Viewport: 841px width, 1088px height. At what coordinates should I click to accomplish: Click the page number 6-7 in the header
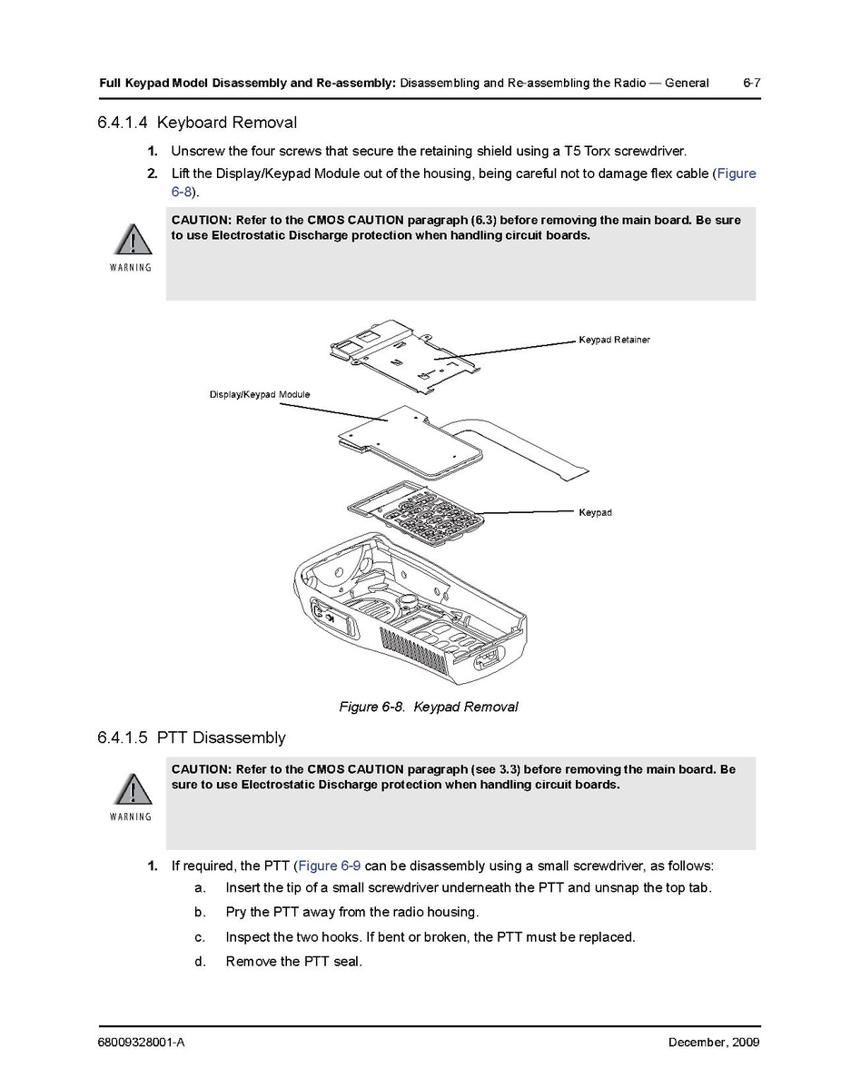point(750,83)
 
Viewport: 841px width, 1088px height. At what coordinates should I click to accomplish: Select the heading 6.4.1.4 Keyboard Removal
point(197,122)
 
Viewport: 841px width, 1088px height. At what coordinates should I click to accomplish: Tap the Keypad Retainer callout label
point(614,340)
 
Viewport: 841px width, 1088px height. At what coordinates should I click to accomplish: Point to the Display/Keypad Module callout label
point(260,394)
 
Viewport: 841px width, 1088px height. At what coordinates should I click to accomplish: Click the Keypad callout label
point(595,512)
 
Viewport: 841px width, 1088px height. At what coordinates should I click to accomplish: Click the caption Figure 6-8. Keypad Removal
point(428,707)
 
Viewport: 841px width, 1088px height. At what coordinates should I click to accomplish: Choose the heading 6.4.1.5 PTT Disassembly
point(192,737)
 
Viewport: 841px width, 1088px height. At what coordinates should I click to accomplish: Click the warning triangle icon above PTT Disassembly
point(131,241)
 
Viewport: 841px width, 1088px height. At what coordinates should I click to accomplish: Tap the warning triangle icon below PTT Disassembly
point(131,789)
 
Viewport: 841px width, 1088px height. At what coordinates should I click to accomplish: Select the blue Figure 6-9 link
point(331,865)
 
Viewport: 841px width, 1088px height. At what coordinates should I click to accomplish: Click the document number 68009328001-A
point(141,1042)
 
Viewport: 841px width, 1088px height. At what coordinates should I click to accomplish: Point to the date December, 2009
point(713,1042)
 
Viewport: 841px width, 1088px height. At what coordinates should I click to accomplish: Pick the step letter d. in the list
point(200,961)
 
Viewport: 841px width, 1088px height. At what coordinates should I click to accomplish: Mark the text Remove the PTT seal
point(293,961)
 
